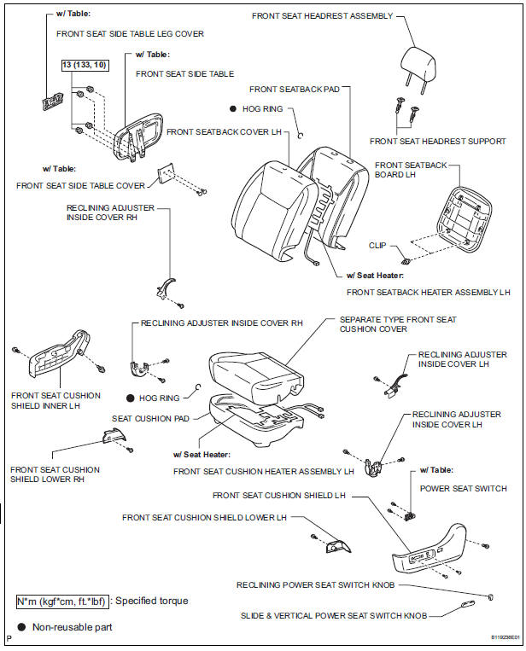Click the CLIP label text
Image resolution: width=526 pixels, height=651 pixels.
click(377, 245)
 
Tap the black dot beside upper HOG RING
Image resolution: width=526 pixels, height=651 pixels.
click(233, 109)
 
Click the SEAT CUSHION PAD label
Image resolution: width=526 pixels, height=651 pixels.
click(151, 418)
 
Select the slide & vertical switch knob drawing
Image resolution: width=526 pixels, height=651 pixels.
click(467, 603)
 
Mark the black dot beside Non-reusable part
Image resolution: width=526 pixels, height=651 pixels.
click(21, 626)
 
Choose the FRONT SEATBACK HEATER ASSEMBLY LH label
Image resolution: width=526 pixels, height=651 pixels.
click(428, 292)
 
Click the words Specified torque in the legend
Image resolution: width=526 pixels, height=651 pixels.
click(152, 601)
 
